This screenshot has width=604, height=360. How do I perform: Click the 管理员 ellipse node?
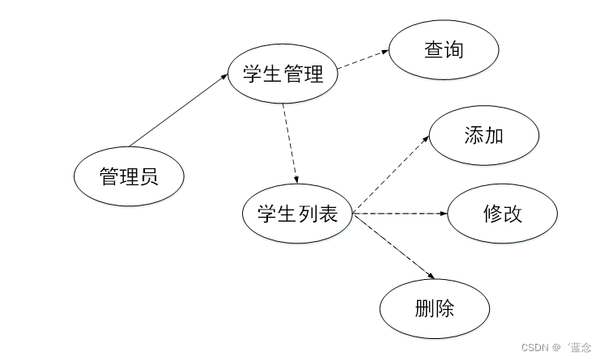[x=128, y=176]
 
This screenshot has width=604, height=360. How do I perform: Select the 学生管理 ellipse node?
[x=283, y=75]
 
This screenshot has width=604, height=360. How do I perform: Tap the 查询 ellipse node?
[x=444, y=49]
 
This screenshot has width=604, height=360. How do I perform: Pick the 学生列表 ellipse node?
[x=297, y=214]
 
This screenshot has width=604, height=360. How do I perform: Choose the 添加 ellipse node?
[x=484, y=135]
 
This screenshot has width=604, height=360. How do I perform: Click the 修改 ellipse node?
[x=503, y=214]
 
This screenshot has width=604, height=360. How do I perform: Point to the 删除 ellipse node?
[x=435, y=308]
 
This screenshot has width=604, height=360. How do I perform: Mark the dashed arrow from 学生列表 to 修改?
[x=400, y=214]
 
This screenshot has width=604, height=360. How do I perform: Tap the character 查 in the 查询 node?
[x=434, y=49]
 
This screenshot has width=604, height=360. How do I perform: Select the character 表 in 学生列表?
[x=328, y=214]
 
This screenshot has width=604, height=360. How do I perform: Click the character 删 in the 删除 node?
[x=424, y=308]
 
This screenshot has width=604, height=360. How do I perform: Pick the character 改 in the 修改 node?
[x=513, y=214]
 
